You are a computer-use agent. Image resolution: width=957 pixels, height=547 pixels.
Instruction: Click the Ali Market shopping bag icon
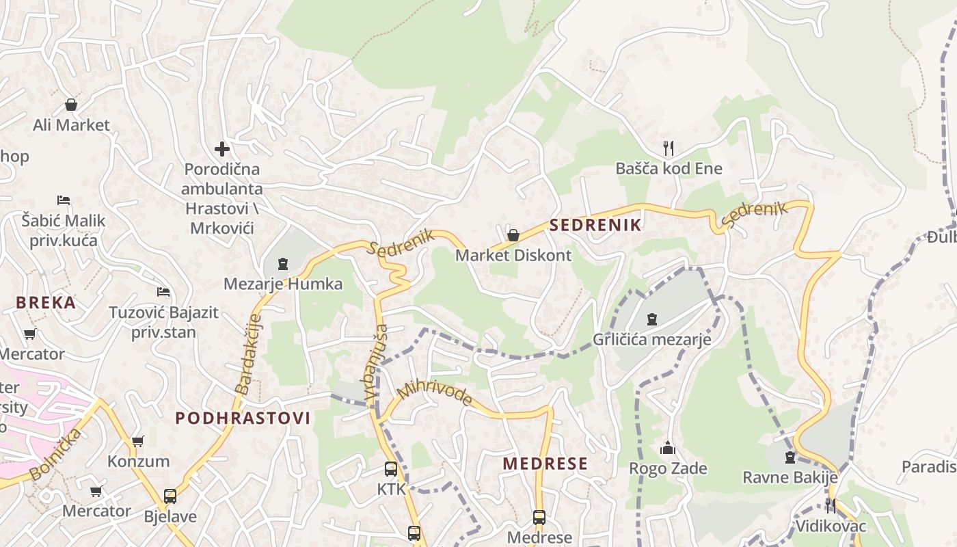click(71, 105)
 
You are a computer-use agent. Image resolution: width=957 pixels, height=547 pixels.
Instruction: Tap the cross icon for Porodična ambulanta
click(221, 148)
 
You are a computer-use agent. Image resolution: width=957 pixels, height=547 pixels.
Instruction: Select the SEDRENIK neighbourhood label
click(595, 225)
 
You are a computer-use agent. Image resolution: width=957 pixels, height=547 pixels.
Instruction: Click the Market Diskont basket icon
click(513, 235)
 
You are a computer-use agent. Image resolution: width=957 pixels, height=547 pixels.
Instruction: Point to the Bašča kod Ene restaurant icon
click(669, 147)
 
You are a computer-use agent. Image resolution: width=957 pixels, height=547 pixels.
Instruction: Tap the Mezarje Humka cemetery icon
click(283, 263)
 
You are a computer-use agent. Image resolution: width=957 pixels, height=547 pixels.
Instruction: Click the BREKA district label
click(46, 302)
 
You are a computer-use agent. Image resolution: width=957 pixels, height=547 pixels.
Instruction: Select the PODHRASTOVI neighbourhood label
click(243, 418)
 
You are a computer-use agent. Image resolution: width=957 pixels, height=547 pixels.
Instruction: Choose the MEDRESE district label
click(545, 464)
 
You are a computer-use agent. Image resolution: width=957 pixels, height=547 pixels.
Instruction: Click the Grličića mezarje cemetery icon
click(652, 319)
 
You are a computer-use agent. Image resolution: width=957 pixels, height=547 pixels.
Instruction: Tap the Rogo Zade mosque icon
click(667, 449)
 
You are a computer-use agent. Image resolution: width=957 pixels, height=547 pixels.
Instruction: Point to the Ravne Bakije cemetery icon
click(790, 457)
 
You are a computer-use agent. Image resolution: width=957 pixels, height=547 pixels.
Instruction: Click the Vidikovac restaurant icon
click(830, 506)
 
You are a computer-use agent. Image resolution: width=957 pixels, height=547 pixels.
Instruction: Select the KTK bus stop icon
click(391, 469)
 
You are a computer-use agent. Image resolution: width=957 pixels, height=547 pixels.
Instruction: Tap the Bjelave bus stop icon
click(170, 496)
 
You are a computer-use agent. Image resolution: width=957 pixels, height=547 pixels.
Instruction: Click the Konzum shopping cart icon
click(138, 442)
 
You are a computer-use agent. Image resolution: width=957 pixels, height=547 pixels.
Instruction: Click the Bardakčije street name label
click(249, 354)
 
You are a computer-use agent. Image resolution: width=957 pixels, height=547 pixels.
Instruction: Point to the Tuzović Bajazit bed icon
click(163, 292)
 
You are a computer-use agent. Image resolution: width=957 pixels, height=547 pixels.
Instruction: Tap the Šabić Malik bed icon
click(64, 200)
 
